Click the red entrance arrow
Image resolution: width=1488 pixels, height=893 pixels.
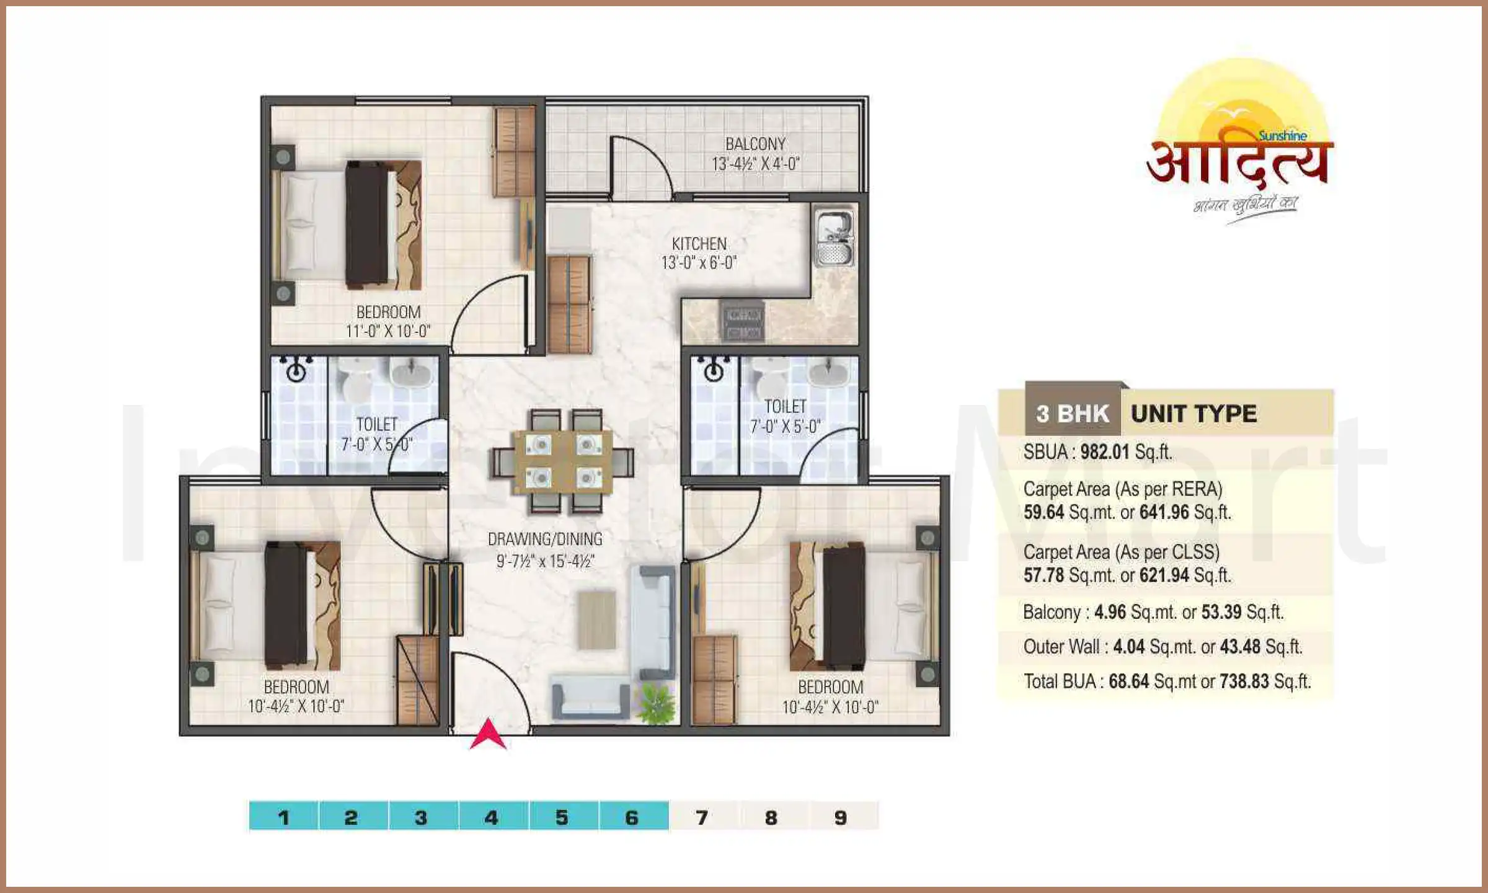tap(488, 734)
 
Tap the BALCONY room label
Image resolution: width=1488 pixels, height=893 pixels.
tap(755, 144)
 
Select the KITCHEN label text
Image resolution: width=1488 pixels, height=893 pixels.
tap(699, 244)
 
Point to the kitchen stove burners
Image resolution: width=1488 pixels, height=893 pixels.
tap(743, 321)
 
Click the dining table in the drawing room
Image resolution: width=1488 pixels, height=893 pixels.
tap(563, 461)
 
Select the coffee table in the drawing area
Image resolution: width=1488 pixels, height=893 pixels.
tap(596, 620)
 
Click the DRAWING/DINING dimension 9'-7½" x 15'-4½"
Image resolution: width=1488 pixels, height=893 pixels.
tap(545, 561)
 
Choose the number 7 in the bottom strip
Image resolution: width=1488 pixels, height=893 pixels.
tap(702, 817)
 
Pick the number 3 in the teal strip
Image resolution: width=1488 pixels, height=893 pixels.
tap(421, 817)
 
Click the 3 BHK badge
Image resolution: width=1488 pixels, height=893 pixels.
tap(1073, 414)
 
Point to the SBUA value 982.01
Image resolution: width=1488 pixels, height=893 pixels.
tap(1105, 452)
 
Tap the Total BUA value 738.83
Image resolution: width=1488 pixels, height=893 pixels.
tap(1244, 682)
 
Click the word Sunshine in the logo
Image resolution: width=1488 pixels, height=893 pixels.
tap(1282, 136)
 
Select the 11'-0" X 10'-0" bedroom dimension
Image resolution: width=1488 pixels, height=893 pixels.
tap(388, 331)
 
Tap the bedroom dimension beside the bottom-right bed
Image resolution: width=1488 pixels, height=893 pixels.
tap(830, 707)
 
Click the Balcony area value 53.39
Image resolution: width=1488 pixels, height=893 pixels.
tap(1221, 612)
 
